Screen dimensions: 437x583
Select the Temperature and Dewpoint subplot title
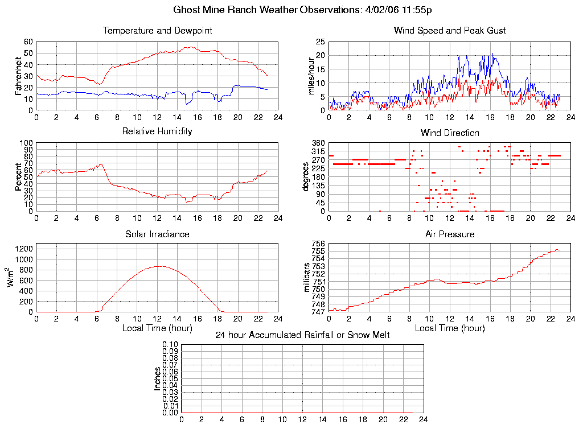157,31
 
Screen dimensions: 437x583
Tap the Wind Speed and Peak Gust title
450,31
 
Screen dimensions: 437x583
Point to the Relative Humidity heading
157,131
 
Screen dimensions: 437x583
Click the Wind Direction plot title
450,133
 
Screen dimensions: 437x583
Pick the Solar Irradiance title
157,234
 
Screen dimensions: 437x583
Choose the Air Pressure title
450,234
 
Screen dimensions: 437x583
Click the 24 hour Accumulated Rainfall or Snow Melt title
302,335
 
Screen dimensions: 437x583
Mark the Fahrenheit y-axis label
19,75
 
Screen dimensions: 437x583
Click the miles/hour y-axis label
311,76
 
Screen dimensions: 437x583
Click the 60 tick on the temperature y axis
28,42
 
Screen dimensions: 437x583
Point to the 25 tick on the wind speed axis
320,42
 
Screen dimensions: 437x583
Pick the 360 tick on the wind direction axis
318,143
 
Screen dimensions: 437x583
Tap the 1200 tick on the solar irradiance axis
24,248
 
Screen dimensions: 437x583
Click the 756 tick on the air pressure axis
318,244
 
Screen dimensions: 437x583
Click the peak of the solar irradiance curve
161,266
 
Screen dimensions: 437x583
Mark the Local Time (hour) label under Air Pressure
450,328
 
